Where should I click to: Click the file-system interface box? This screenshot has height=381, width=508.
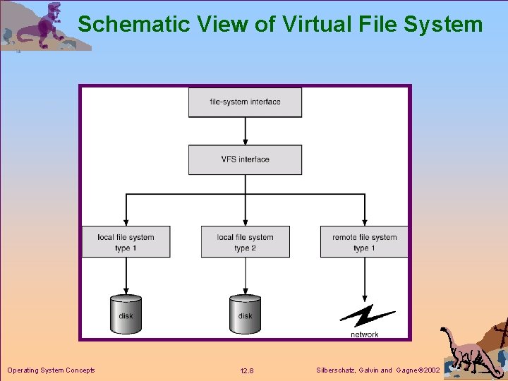[x=245, y=102]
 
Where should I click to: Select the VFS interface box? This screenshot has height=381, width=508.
[x=245, y=159]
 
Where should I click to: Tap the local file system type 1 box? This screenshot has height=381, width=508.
[x=126, y=242]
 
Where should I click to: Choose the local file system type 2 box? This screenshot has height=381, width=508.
[x=245, y=242]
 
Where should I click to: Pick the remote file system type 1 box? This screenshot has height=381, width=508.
[x=365, y=242]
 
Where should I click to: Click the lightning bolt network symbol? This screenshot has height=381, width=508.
[x=366, y=315]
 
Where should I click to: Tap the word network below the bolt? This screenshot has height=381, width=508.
[x=365, y=334]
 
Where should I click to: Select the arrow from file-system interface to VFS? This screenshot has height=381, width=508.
[x=245, y=131]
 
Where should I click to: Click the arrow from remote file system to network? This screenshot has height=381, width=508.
[x=365, y=279]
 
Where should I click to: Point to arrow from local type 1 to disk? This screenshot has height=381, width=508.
[x=126, y=275]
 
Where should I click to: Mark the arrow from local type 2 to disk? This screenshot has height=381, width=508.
[x=245, y=275]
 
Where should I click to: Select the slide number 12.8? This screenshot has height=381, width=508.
[x=247, y=371]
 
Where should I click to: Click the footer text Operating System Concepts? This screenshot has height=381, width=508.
[x=51, y=370]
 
